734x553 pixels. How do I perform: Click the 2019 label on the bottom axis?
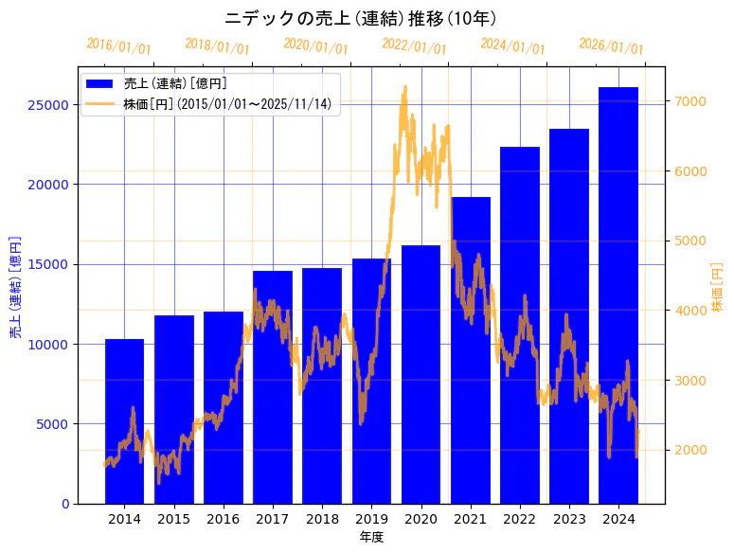371,519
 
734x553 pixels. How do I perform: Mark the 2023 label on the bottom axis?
569,519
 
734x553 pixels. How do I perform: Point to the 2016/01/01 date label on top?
118,45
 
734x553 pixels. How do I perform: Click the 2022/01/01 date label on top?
415,45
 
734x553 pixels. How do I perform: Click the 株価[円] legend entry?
227,103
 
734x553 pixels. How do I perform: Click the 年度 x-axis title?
371,537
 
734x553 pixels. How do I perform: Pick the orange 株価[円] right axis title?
717,286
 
